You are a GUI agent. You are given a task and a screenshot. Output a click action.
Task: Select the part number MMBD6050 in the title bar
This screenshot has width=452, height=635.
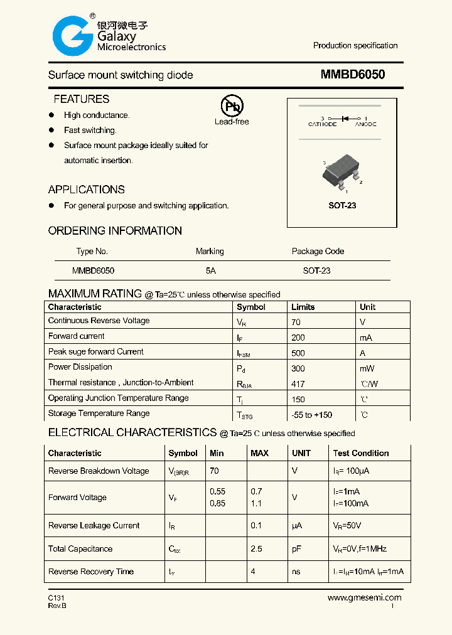pos(353,75)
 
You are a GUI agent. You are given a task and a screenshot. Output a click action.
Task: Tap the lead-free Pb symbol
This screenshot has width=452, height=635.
pos(232,106)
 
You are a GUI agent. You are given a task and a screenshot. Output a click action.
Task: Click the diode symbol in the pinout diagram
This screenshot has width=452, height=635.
pos(344,118)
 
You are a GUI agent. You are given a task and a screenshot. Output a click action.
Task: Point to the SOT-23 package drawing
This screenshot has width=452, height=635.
pos(342,173)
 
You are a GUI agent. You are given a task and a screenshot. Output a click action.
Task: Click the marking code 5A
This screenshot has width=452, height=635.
pos(210,270)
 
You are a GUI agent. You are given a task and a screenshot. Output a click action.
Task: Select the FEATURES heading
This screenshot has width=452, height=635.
pos(81,99)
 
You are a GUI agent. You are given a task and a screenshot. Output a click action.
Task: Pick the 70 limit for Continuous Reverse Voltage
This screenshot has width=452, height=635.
pos(296,322)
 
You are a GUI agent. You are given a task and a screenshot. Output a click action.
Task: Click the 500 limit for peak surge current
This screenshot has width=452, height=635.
pos(298,353)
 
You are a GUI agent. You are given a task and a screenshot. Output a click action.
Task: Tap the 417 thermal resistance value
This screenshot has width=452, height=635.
pos(298,384)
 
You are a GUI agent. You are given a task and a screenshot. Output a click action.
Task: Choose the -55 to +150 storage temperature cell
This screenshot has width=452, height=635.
pos(311,415)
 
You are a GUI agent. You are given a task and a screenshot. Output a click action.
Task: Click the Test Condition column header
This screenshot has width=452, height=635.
pos(361,453)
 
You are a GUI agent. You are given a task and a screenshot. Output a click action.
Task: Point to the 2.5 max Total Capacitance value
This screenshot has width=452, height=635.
pos(256,548)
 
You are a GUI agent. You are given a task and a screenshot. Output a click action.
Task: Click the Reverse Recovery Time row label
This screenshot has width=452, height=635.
pos(91,572)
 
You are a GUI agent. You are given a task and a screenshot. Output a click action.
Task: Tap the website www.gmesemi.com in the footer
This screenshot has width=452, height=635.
pos(364,598)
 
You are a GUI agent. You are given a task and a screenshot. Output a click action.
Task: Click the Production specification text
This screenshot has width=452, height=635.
pos(355,46)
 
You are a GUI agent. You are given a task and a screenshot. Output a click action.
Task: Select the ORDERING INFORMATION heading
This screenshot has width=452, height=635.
pos(115,231)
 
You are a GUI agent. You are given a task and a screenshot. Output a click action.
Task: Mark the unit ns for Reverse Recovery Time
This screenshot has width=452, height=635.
pos(296,572)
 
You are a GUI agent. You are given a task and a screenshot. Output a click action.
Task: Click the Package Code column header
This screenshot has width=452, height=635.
pos(318,251)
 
